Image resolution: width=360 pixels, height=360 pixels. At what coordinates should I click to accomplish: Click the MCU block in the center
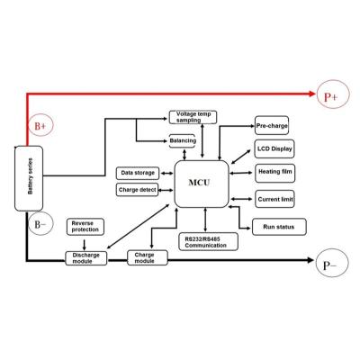202,184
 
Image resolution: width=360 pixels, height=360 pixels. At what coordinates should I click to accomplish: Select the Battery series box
29,178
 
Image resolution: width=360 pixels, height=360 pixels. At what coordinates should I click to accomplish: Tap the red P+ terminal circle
333,94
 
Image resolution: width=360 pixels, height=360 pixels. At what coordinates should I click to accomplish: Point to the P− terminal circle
332,263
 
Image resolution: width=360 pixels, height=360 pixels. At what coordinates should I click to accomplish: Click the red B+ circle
41,125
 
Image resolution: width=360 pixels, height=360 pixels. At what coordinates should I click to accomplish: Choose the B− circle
40,223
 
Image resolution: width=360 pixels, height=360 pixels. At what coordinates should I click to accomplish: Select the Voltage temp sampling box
193,117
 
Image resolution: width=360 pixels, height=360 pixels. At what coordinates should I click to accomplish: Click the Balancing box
183,140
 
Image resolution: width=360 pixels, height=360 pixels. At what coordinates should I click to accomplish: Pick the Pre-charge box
272,125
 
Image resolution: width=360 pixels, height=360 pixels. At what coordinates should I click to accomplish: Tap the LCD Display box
274,148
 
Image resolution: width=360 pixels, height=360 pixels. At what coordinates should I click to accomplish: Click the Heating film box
275,173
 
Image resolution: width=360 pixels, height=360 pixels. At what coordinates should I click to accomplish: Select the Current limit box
274,199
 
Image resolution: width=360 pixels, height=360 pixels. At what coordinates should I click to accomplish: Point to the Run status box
279,227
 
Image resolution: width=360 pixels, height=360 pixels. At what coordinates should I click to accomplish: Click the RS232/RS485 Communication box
209,242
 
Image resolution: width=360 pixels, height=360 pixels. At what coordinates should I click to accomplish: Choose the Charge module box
148,257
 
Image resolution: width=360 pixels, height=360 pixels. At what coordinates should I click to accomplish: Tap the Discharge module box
86,258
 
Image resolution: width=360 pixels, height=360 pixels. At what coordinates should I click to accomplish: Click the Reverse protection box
85,227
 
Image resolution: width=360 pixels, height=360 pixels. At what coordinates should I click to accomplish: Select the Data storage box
138,173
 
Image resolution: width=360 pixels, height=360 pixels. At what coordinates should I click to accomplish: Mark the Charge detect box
137,190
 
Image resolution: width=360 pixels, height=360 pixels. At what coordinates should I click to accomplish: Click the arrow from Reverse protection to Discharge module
85,245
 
